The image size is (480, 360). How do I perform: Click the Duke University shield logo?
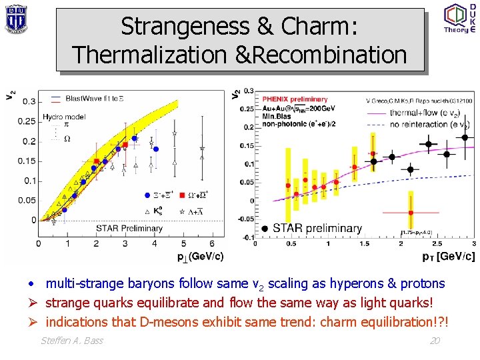pyautogui.click(x=15, y=18)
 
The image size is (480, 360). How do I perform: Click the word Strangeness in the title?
pyautogui.click(x=175, y=27)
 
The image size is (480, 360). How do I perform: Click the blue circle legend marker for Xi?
pyautogui.click(x=147, y=195)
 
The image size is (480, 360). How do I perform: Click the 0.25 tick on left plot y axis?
pyautogui.click(x=27, y=121)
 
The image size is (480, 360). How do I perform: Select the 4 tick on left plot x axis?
pyautogui.click(x=155, y=244)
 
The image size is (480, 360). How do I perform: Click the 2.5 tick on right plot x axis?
pyautogui.click(x=437, y=244)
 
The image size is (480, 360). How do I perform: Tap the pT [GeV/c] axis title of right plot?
pyautogui.click(x=449, y=256)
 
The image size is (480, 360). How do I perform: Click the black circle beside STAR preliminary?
pyautogui.click(x=265, y=229)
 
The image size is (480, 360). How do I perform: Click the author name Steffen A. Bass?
pyautogui.click(x=72, y=341)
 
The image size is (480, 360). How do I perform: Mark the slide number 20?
pyautogui.click(x=435, y=341)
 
